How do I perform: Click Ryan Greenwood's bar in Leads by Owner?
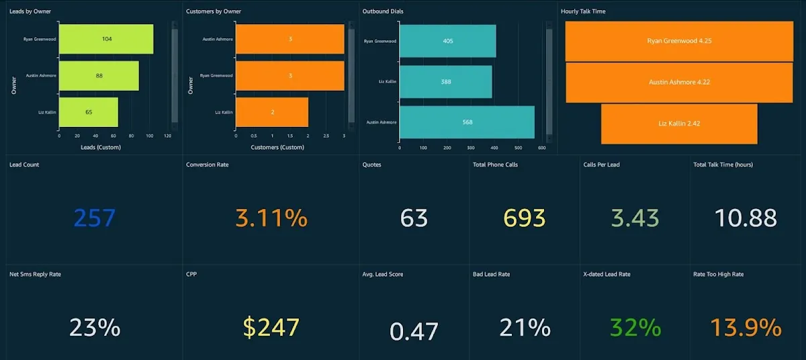pyautogui.click(x=106, y=39)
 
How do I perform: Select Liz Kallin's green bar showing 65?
pyautogui.click(x=89, y=112)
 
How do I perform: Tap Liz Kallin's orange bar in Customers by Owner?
pyautogui.click(x=272, y=112)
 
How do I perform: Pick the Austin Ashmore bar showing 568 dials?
pyautogui.click(x=467, y=122)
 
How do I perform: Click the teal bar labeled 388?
pyautogui.click(x=446, y=82)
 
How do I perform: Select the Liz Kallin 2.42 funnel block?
pyautogui.click(x=679, y=124)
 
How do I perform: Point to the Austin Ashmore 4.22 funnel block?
pyautogui.click(x=679, y=82)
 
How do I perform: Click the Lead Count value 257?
pyautogui.click(x=95, y=218)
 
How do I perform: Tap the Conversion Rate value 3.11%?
pyautogui.click(x=271, y=218)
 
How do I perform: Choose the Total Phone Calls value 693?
pyautogui.click(x=525, y=218)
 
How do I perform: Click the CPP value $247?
pyautogui.click(x=271, y=327)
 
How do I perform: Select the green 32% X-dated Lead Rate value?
pyautogui.click(x=635, y=327)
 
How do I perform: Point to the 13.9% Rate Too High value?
pyautogui.click(x=746, y=327)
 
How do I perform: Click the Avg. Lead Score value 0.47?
pyautogui.click(x=414, y=330)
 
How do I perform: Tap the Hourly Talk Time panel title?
pyautogui.click(x=583, y=11)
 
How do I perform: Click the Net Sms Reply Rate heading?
pyautogui.click(x=35, y=274)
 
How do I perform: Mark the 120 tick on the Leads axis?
pyautogui.click(x=167, y=136)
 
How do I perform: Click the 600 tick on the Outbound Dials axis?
pyautogui.click(x=541, y=148)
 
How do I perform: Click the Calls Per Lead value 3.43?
pyautogui.click(x=635, y=218)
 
